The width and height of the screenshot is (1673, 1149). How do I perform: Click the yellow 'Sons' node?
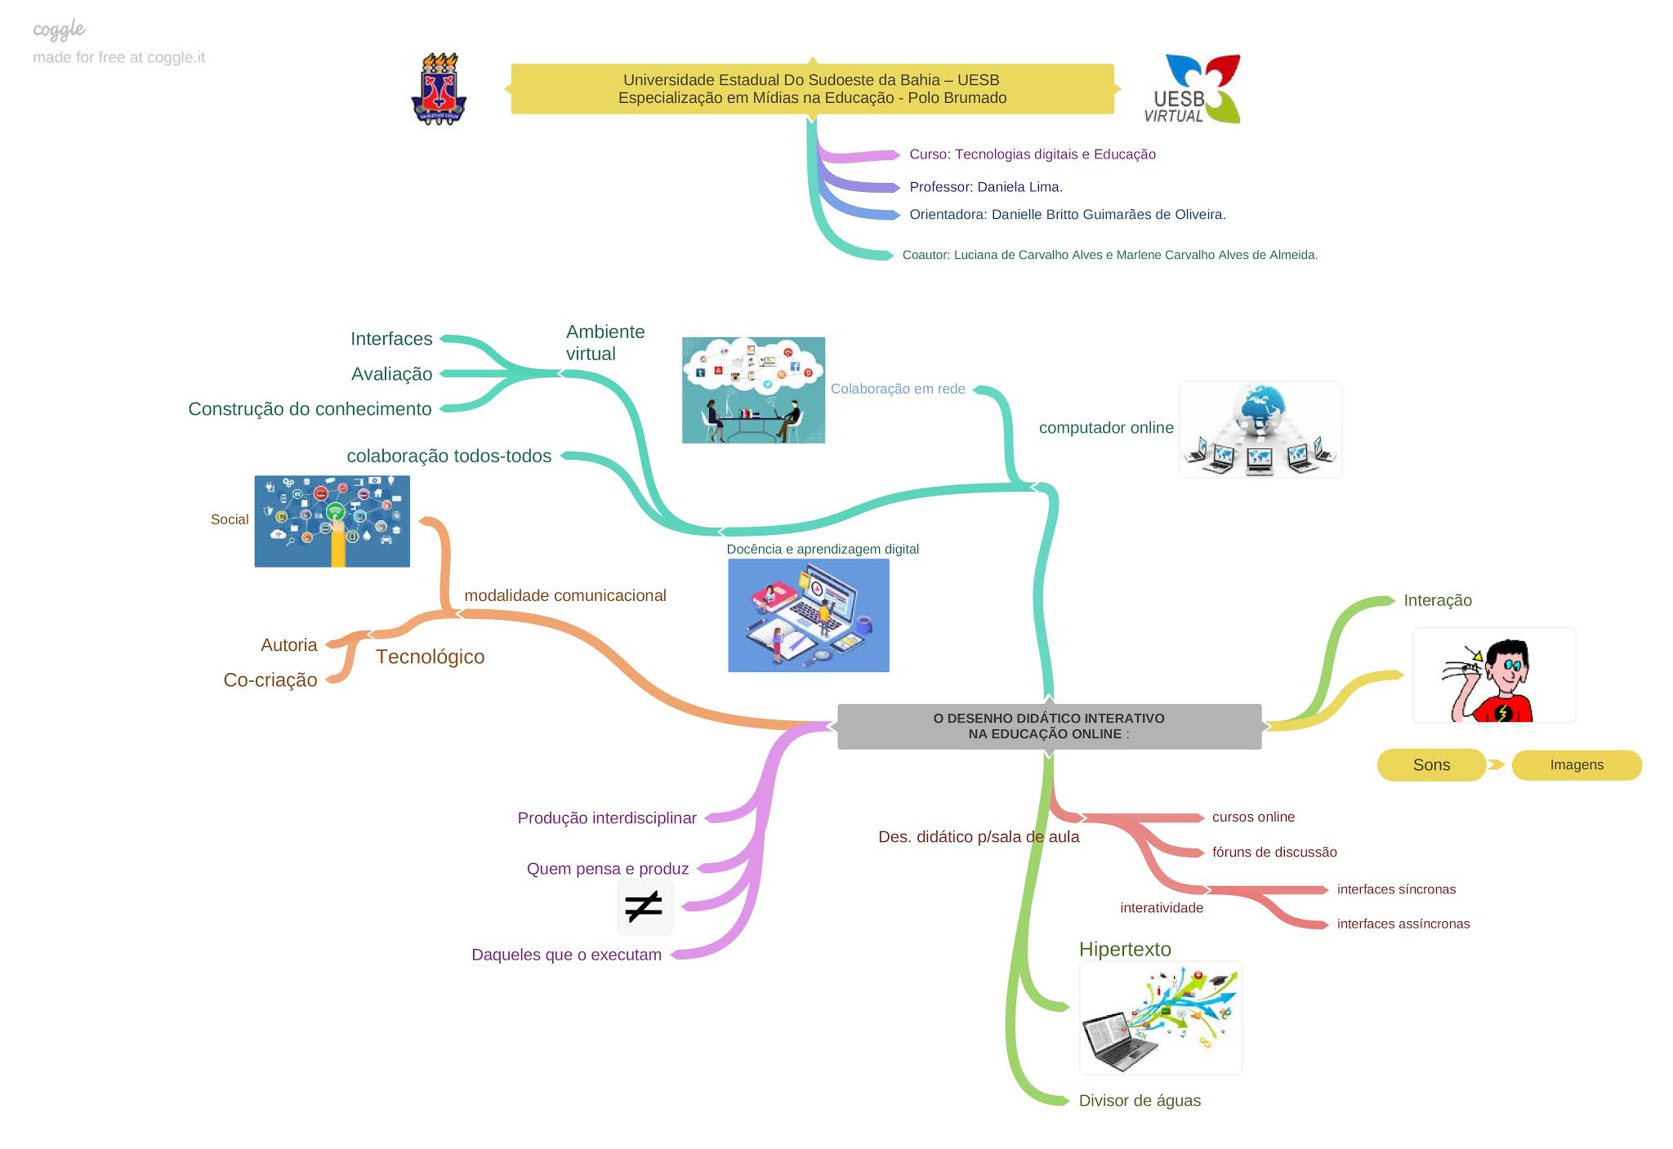1431,765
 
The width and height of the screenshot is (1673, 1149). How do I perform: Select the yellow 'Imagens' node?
1577,765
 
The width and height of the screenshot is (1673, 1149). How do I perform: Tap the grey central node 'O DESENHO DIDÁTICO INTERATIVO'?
1049,726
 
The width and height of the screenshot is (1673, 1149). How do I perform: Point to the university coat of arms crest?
439,89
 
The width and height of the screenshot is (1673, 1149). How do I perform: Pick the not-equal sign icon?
645,906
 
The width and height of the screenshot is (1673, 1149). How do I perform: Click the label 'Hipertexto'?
1125,949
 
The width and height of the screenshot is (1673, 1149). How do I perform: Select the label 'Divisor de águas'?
1140,1101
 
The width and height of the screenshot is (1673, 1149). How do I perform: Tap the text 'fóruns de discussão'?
1274,853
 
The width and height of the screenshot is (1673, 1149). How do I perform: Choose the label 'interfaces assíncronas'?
1403,924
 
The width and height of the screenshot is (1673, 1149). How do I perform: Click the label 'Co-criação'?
270,680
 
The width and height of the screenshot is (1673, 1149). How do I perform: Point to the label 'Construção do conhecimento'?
310,409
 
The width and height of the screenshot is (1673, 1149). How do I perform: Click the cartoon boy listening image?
1493,676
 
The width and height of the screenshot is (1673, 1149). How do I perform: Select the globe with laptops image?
1260,430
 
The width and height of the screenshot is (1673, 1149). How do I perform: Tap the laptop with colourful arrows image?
1160,1018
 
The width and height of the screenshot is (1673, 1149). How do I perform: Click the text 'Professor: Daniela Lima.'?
986,187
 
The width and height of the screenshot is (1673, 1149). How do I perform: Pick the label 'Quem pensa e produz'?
608,869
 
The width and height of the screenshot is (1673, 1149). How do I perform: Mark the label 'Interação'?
1438,600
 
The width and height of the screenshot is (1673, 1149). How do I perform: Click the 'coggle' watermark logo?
59,30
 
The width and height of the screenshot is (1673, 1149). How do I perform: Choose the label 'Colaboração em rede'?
898,389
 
